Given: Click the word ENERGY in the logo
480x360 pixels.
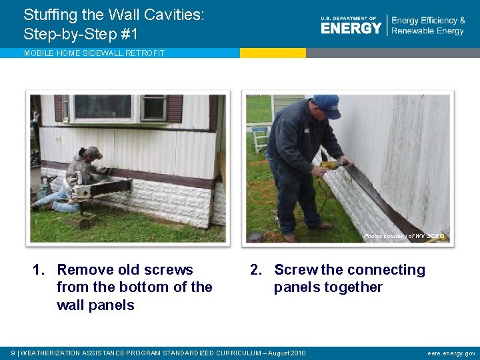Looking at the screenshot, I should (x=351, y=28).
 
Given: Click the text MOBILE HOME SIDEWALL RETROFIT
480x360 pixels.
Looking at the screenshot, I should (x=94, y=53).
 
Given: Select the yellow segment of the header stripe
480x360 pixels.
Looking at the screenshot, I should (x=273, y=53).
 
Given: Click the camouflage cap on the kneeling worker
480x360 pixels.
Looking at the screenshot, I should (x=93, y=153).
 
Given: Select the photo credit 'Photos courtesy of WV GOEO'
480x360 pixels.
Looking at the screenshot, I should (x=403, y=236).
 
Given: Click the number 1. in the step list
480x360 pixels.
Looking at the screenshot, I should (x=40, y=270).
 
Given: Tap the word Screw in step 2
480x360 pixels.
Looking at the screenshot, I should (x=295, y=270).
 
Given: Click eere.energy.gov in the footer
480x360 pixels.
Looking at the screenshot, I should (x=451, y=353).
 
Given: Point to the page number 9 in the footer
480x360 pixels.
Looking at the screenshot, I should (x=14, y=353).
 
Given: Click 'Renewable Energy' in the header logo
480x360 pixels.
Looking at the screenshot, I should (x=427, y=31).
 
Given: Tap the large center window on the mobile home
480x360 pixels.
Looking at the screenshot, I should (x=103, y=107).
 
